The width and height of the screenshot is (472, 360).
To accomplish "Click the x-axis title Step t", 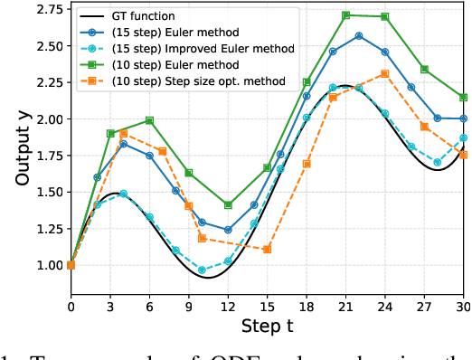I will [268, 325].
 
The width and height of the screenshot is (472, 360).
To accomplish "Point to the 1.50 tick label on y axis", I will [43, 193].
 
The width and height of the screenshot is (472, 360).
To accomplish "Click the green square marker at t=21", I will [346, 15].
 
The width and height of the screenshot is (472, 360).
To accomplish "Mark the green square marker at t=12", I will [228, 205].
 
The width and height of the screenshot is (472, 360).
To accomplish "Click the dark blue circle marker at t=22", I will [359, 35].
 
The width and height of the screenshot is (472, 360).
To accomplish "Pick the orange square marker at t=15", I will [268, 249].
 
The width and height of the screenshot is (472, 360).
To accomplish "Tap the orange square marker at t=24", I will [385, 73].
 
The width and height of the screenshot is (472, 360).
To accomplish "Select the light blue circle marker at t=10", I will [202, 270].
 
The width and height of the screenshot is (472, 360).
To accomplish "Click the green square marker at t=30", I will [463, 97].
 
